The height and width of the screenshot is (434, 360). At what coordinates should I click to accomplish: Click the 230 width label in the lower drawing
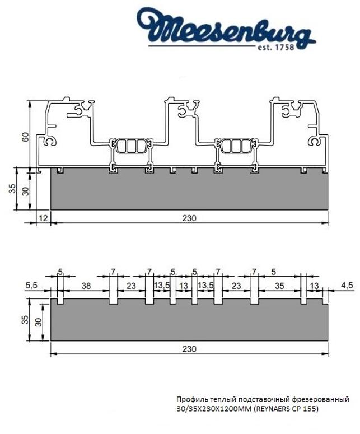pos(189,348)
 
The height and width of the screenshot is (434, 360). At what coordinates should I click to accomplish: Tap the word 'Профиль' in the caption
pos(190,399)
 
